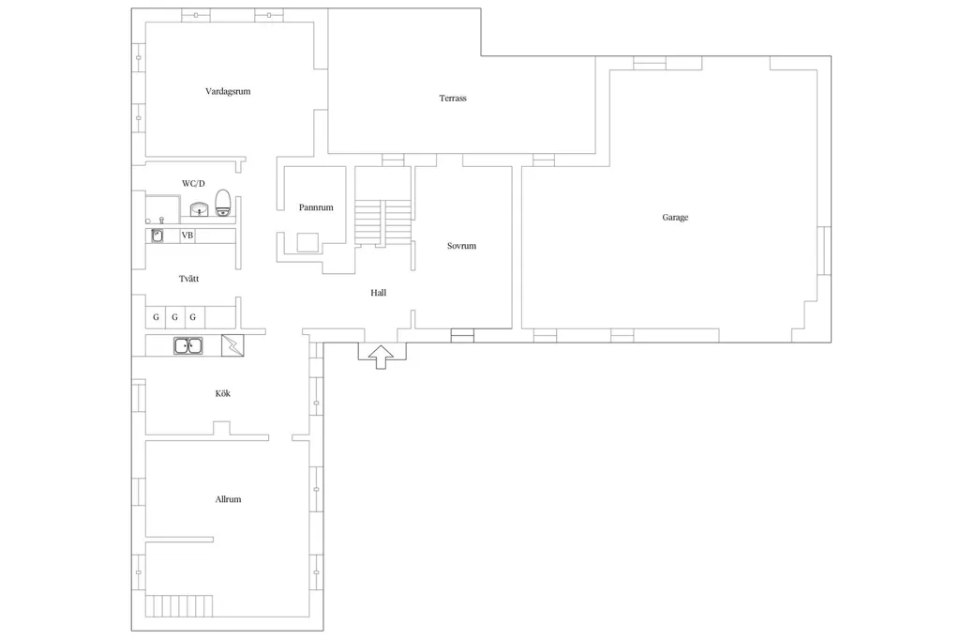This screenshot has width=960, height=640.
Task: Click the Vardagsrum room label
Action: coord(228,91)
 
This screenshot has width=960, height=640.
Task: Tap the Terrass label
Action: coord(453,99)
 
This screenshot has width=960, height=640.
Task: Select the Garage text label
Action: coord(675,218)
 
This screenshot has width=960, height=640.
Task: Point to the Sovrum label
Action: coord(461,246)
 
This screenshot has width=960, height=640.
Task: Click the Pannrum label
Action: coord(316,207)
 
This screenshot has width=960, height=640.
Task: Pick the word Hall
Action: coord(379,293)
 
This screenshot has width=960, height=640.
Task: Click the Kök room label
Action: coord(223,393)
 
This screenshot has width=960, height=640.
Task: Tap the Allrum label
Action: coord(228,499)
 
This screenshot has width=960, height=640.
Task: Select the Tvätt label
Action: coord(188,279)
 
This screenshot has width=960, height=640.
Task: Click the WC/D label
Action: coord(193,183)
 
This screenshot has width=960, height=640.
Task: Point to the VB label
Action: coord(187,236)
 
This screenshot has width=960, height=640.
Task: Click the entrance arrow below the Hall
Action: coord(381,357)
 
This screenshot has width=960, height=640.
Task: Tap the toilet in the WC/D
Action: coord(223,203)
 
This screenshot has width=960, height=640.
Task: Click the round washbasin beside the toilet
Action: coord(199,209)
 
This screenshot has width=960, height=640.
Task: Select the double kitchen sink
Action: coord(187,345)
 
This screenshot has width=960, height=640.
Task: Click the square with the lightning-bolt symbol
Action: coord(232,345)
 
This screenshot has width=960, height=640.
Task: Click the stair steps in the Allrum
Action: coord(179,605)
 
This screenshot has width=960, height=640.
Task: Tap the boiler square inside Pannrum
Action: coord(307,243)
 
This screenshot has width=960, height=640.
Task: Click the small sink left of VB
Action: coord(157,236)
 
